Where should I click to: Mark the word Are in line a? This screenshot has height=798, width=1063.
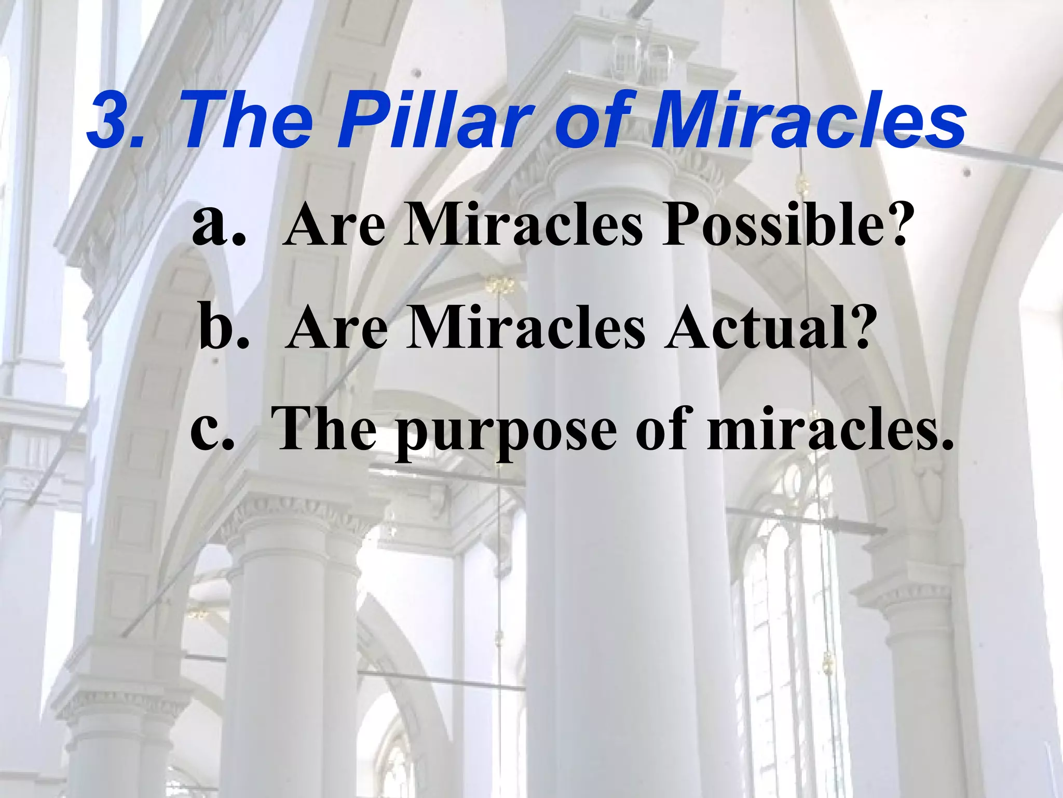click(x=335, y=224)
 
